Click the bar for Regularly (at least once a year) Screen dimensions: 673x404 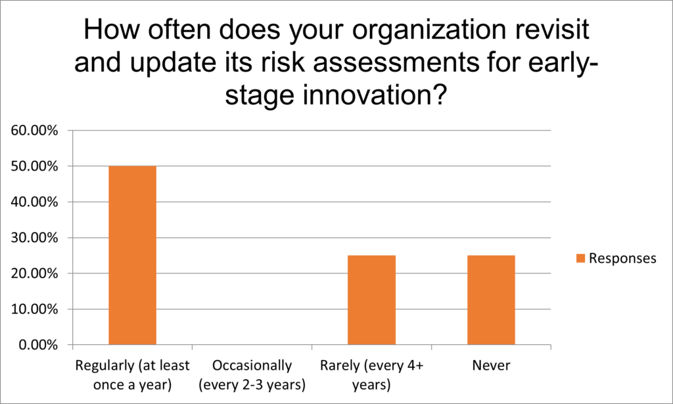[132, 255]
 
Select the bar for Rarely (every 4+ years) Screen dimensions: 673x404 [372, 300]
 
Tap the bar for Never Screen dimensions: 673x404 [491, 300]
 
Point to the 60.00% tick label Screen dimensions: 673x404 [34, 130]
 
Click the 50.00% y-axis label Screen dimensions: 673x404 [34, 166]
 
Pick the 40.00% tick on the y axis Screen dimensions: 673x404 [34, 202]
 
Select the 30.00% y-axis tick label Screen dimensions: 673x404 [34, 238]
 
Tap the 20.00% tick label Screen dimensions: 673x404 [34, 273]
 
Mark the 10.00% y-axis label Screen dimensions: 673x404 [34, 309]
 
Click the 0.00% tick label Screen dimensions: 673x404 [38, 345]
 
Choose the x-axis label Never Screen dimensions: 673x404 [491, 365]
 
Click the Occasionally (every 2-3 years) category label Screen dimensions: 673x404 [252, 375]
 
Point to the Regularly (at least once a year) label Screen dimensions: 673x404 [132, 375]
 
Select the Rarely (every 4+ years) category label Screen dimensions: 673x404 [372, 375]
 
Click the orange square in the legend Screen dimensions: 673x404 [580, 258]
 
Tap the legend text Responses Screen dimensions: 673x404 [622, 258]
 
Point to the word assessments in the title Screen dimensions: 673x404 [395, 62]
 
